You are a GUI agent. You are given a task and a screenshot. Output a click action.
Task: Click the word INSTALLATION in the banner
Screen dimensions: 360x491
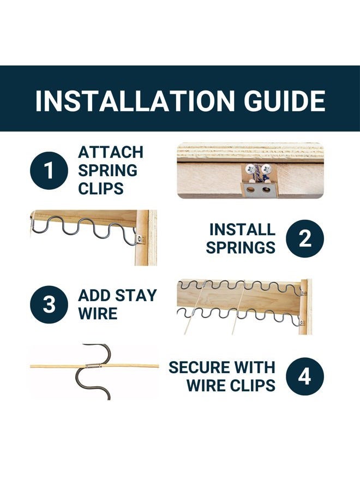click(135, 101)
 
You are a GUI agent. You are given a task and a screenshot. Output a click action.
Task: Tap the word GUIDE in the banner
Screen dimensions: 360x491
click(285, 101)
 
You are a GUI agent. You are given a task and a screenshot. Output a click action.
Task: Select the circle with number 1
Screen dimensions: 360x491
click(49, 171)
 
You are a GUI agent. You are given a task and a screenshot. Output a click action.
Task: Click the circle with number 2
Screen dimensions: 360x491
click(305, 238)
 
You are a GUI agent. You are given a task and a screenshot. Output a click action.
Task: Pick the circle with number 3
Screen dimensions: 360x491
click(49, 304)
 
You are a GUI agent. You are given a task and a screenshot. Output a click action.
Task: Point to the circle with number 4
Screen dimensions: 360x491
click(305, 376)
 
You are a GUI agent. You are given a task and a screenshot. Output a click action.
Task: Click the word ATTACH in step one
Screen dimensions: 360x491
click(111, 153)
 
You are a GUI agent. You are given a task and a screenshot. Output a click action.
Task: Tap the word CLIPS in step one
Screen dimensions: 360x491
click(101, 189)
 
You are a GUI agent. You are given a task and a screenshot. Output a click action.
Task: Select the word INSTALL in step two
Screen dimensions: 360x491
click(242, 230)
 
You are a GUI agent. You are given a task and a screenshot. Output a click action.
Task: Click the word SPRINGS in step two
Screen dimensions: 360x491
click(241, 248)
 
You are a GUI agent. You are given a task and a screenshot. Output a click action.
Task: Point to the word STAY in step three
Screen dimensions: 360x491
click(136, 296)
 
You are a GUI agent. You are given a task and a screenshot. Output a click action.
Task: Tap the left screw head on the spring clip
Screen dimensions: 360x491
click(250, 170)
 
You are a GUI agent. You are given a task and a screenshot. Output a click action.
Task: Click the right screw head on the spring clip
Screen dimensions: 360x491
click(266, 169)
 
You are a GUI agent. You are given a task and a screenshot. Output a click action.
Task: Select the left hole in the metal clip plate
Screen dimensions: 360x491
click(250, 189)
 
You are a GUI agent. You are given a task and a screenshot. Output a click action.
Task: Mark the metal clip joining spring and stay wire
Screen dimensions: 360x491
click(93, 366)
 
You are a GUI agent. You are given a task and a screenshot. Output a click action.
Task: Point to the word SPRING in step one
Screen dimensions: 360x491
click(107, 171)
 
